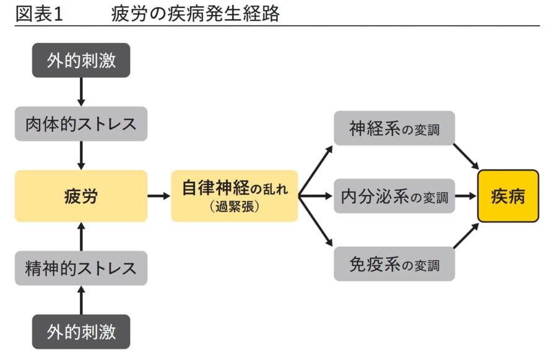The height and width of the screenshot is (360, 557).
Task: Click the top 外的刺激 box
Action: coord(81,60)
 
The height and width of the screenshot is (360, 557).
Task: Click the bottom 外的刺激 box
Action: coord(81,332)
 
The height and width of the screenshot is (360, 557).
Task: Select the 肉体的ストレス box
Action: coord(81,123)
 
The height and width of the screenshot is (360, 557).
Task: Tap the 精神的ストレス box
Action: coord(81,268)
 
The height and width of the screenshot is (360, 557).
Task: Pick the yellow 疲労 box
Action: coord(81,196)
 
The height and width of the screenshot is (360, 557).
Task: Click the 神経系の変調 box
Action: coord(394,129)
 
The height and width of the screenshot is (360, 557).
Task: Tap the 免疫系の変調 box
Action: coord(394,264)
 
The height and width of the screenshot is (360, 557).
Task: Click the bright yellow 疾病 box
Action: coord(508,196)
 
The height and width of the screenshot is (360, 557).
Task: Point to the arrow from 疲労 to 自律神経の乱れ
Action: coord(159,196)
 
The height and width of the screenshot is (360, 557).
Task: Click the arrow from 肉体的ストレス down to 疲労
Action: coord(81,155)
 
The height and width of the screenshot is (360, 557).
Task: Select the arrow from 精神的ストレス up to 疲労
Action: coord(81,236)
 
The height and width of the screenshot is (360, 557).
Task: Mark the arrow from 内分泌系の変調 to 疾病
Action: coord(466,196)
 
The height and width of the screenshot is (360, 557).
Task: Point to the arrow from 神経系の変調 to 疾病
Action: coord(467,156)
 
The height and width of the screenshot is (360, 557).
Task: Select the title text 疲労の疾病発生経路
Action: coord(196,14)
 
